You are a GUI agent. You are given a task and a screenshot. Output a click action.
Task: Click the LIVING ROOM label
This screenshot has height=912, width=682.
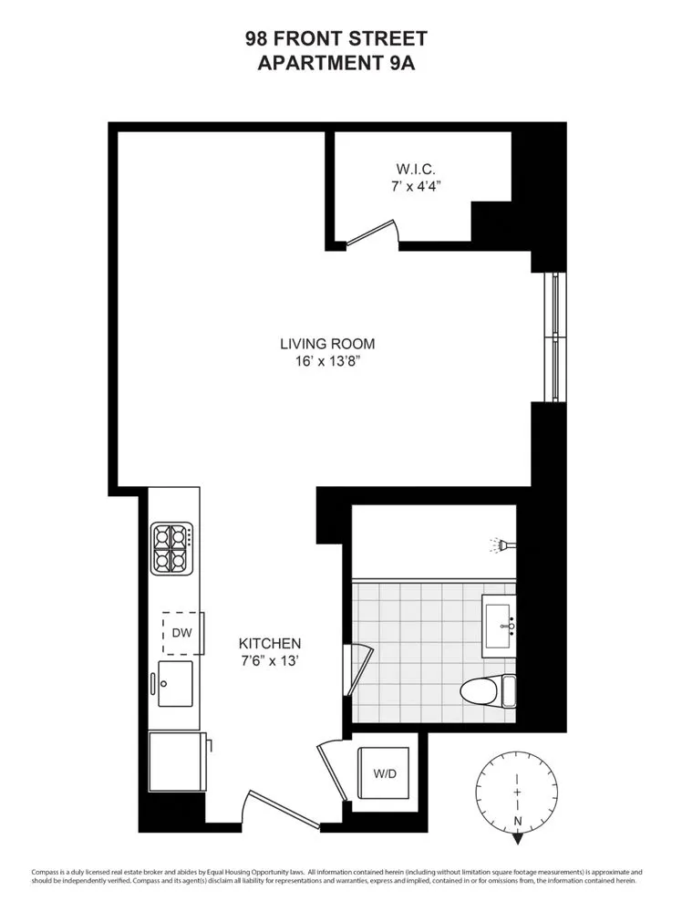[x=327, y=344]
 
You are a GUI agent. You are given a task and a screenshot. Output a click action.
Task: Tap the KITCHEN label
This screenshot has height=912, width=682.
[x=270, y=643]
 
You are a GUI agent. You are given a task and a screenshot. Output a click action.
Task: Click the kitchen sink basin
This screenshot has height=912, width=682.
[x=175, y=684]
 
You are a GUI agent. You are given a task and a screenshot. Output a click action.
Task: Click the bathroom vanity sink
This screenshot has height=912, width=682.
[x=499, y=626]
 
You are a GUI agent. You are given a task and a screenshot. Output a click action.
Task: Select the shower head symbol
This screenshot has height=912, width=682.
[x=502, y=545]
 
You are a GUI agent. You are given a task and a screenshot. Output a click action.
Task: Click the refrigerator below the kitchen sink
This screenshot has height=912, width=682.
[x=175, y=762]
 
